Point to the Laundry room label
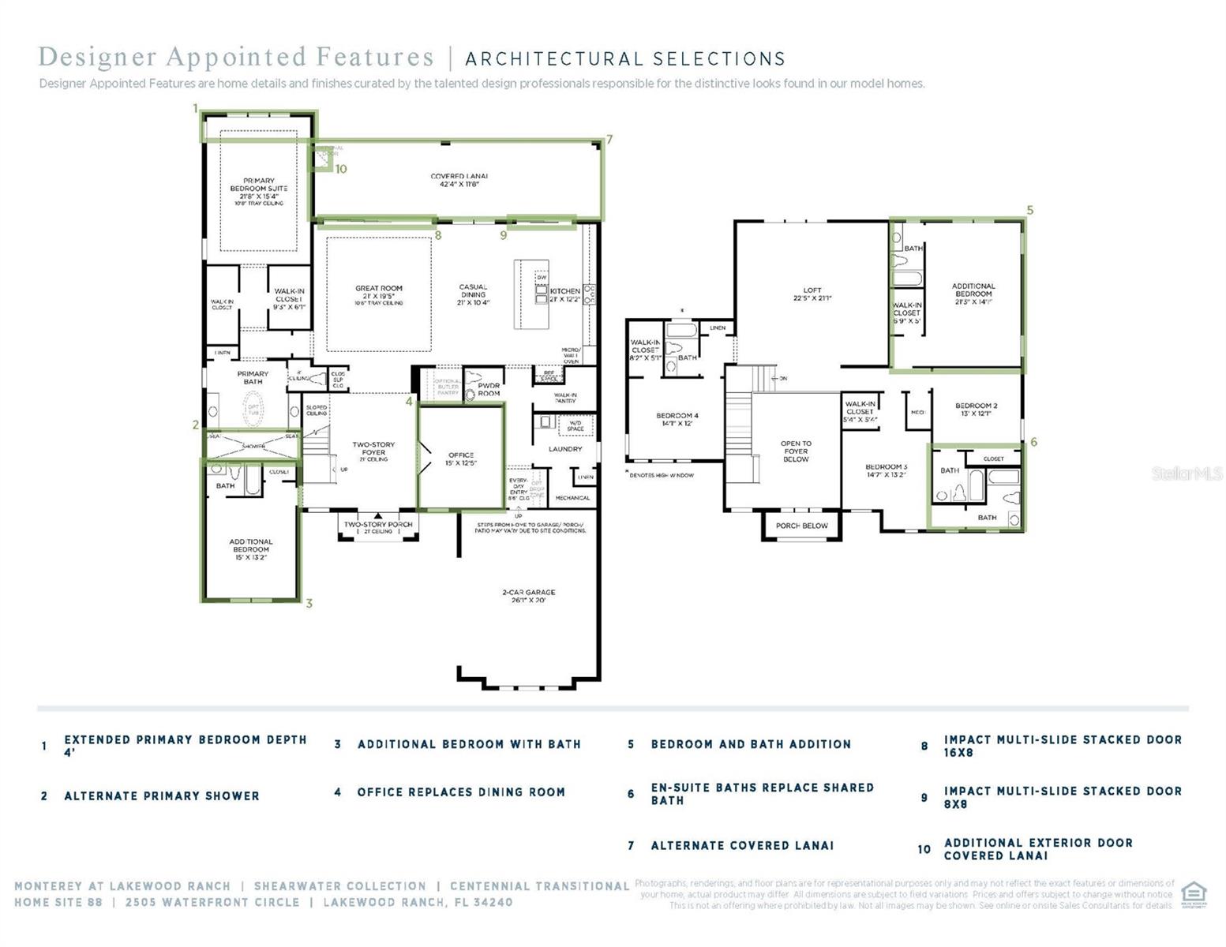pyautogui.click(x=565, y=449)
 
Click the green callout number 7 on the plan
pyautogui.click(x=609, y=140)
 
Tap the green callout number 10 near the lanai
pyautogui.click(x=340, y=169)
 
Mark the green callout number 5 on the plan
pyautogui.click(x=1029, y=210)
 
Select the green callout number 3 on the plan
pyautogui.click(x=309, y=603)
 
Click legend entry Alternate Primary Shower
pyautogui.click(x=161, y=795)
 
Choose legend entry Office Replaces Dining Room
pyautogui.click(x=461, y=792)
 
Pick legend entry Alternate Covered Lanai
pyautogui.click(x=742, y=845)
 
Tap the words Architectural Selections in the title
pyautogui.click(x=625, y=59)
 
